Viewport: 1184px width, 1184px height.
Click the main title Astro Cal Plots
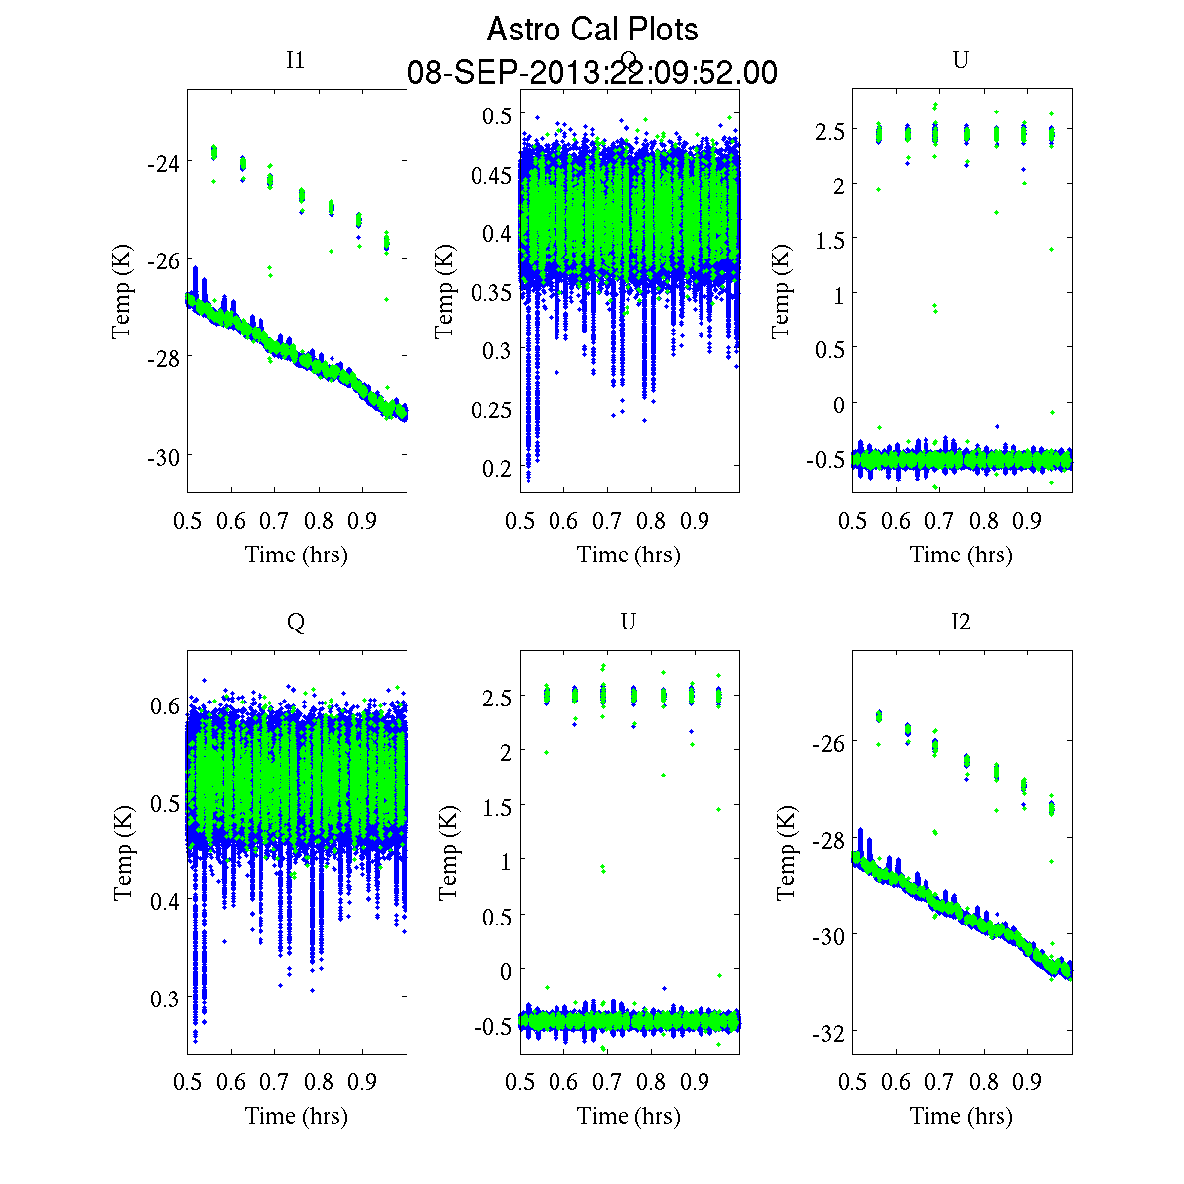click(x=592, y=30)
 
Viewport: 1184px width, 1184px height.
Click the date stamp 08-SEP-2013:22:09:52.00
click(x=592, y=73)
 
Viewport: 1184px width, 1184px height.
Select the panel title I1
click(x=295, y=60)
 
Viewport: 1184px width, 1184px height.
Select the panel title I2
click(x=960, y=622)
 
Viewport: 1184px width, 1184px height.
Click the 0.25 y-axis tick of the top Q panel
click(x=493, y=408)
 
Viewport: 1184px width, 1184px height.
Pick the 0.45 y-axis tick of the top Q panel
click(x=493, y=175)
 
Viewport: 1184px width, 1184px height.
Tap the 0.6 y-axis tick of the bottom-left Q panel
click(x=165, y=705)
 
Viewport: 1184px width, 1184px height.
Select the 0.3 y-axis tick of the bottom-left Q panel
click(x=165, y=998)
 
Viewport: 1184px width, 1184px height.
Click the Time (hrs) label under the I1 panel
click(x=296, y=555)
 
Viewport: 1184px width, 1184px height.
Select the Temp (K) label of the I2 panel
click(x=786, y=852)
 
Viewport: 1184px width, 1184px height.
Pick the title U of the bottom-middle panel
click(x=628, y=622)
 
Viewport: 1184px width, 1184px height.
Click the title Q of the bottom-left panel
click(x=295, y=622)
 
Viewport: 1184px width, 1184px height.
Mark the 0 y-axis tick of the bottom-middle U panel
click(x=506, y=971)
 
